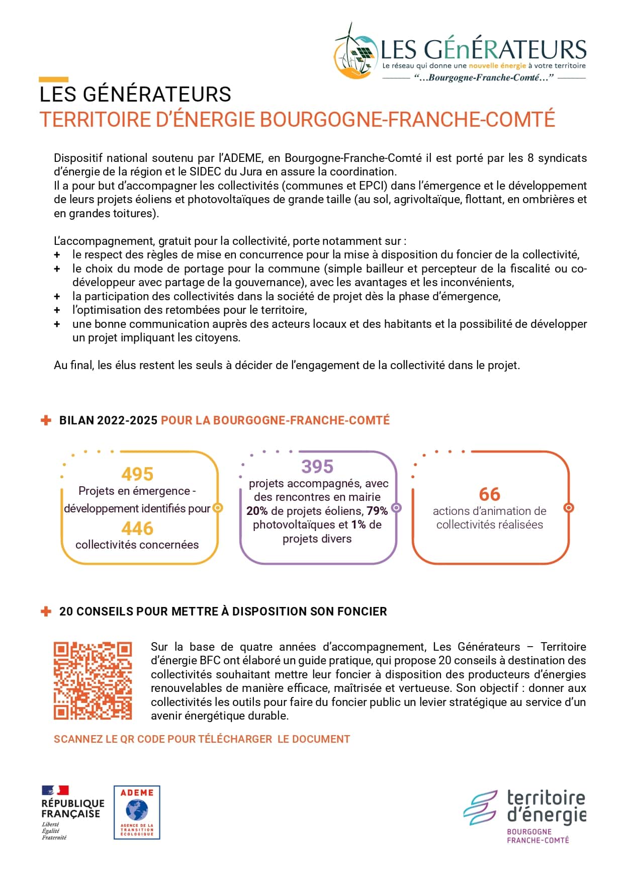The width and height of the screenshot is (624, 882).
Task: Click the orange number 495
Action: coord(137,474)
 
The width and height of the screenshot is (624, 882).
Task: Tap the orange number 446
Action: coord(137,528)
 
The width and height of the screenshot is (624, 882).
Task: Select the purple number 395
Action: coord(317,467)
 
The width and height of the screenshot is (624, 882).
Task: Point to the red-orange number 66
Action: coord(489,494)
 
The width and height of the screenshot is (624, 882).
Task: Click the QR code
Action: coord(93,680)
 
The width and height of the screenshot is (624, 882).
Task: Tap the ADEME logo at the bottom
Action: coord(137,812)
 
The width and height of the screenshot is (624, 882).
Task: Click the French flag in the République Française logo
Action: coord(55,790)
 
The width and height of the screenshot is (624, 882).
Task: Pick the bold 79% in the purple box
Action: coord(377,511)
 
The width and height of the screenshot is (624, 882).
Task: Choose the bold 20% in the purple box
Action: coord(257,511)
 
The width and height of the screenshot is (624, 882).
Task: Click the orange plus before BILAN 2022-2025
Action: coord(46,420)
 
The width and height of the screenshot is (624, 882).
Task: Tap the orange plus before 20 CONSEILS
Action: coord(46,611)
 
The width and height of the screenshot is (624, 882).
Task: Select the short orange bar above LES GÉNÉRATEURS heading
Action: coord(53,79)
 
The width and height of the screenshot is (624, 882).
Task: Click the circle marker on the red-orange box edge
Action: coord(569,508)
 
